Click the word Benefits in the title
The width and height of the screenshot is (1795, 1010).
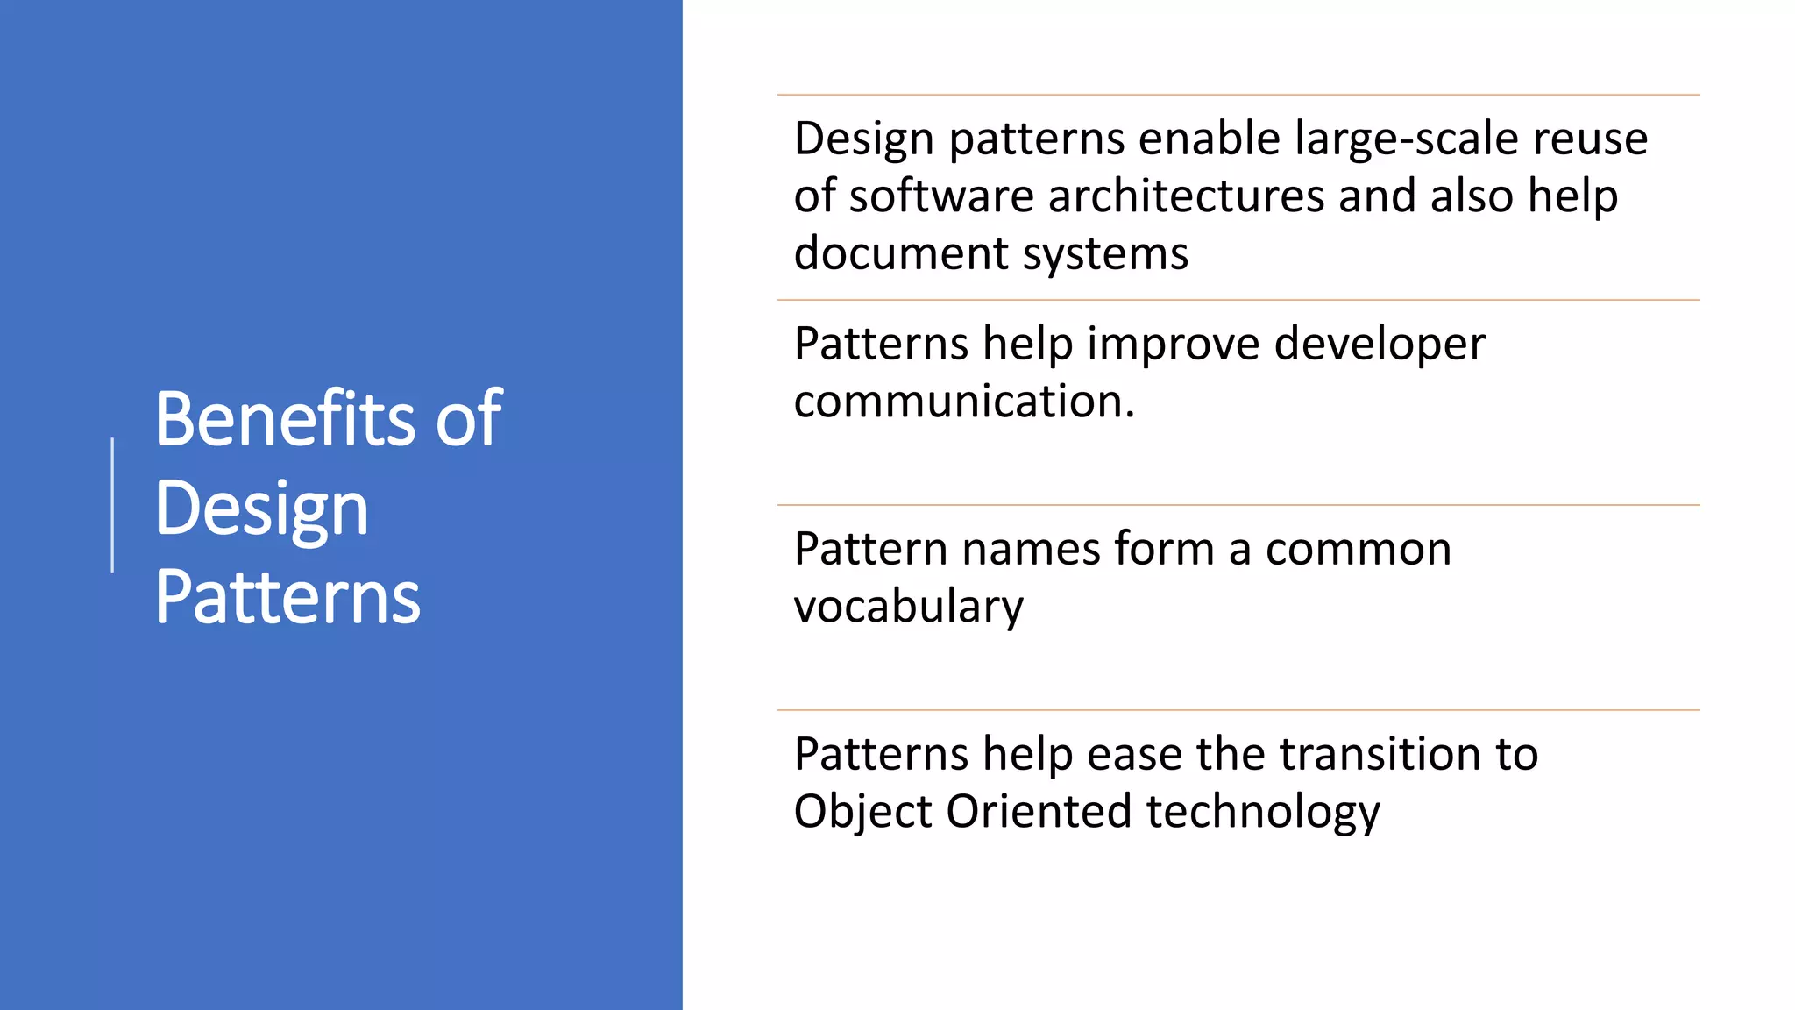tap(286, 419)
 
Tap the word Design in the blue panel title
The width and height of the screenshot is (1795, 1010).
tap(261, 509)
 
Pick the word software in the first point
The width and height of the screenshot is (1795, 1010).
tap(941, 196)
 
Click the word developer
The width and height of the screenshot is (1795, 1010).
tap(1380, 344)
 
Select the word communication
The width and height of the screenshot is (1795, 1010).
tap(963, 401)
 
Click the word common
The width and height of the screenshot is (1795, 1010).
tap(1358, 550)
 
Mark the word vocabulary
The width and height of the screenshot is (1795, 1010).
tap(908, 607)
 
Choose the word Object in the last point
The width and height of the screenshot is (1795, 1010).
tap(862, 811)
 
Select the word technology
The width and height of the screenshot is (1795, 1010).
tap(1262, 811)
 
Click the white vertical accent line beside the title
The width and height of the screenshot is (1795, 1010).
tap(112, 505)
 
